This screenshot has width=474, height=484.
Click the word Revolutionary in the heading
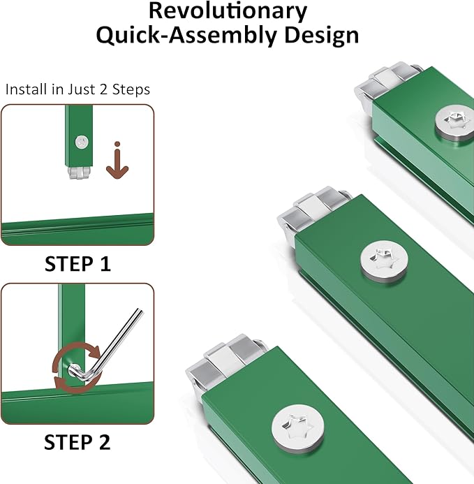tap(228, 12)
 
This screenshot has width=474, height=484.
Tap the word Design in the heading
tap(322, 35)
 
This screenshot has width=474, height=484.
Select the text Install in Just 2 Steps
tap(77, 89)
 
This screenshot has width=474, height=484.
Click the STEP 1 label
tap(77, 264)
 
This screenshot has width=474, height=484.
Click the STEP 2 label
tap(77, 442)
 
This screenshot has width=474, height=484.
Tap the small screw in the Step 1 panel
tap(82, 142)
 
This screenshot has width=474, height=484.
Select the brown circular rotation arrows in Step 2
tap(77, 367)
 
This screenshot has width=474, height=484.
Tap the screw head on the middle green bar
tap(384, 261)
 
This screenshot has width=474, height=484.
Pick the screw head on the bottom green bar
tap(298, 429)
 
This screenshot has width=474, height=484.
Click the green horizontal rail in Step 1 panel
tap(77, 229)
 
